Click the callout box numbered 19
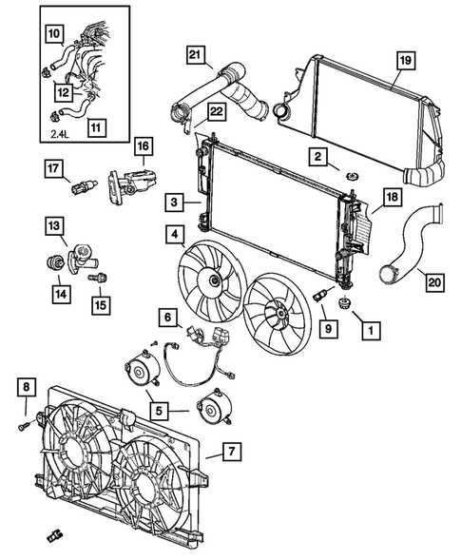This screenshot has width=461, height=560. [x=403, y=60]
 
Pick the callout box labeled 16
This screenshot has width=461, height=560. [x=142, y=145]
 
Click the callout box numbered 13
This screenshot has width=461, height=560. [x=56, y=225]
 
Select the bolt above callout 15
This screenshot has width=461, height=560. [x=96, y=278]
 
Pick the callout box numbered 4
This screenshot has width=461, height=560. [x=177, y=232]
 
